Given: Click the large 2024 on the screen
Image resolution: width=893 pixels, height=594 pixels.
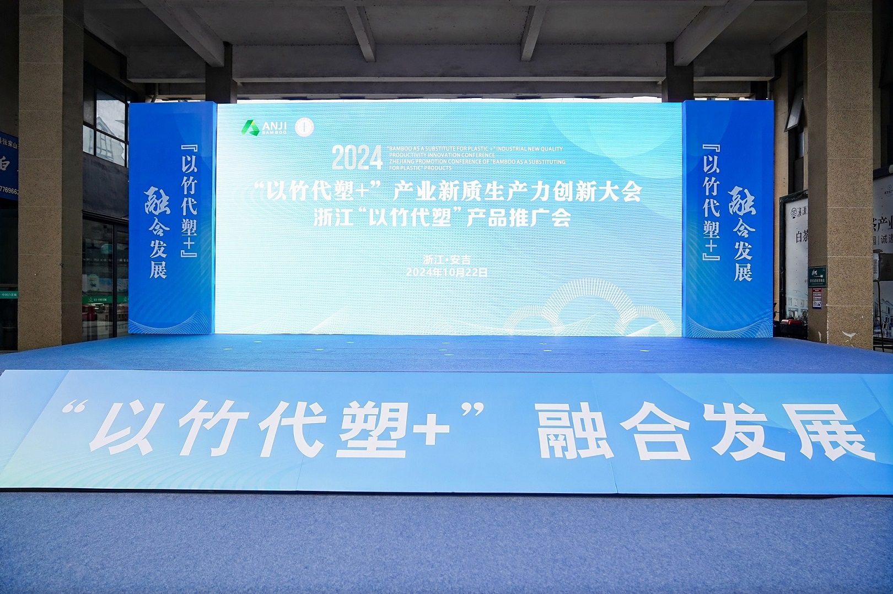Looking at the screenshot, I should (x=357, y=158).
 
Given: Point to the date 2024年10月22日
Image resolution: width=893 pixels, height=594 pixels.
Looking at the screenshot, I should (x=446, y=272).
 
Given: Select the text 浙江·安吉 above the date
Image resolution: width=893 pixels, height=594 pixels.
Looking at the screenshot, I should (x=446, y=260).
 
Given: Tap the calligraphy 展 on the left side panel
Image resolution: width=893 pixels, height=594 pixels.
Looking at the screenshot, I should (x=158, y=269).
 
